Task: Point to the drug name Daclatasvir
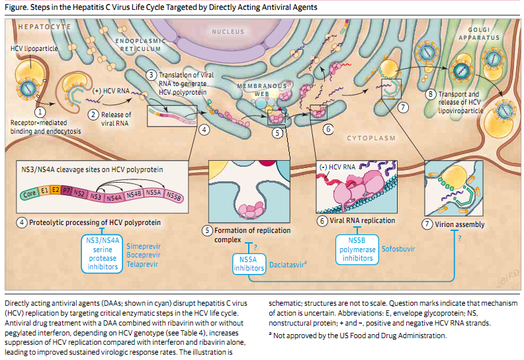point(288,265)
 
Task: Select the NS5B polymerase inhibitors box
point(357,249)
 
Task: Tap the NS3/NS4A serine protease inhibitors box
point(102,252)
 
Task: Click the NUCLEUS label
point(228,31)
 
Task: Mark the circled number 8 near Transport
point(431,94)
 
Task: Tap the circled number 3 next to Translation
point(152,75)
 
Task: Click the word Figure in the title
point(19,7)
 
